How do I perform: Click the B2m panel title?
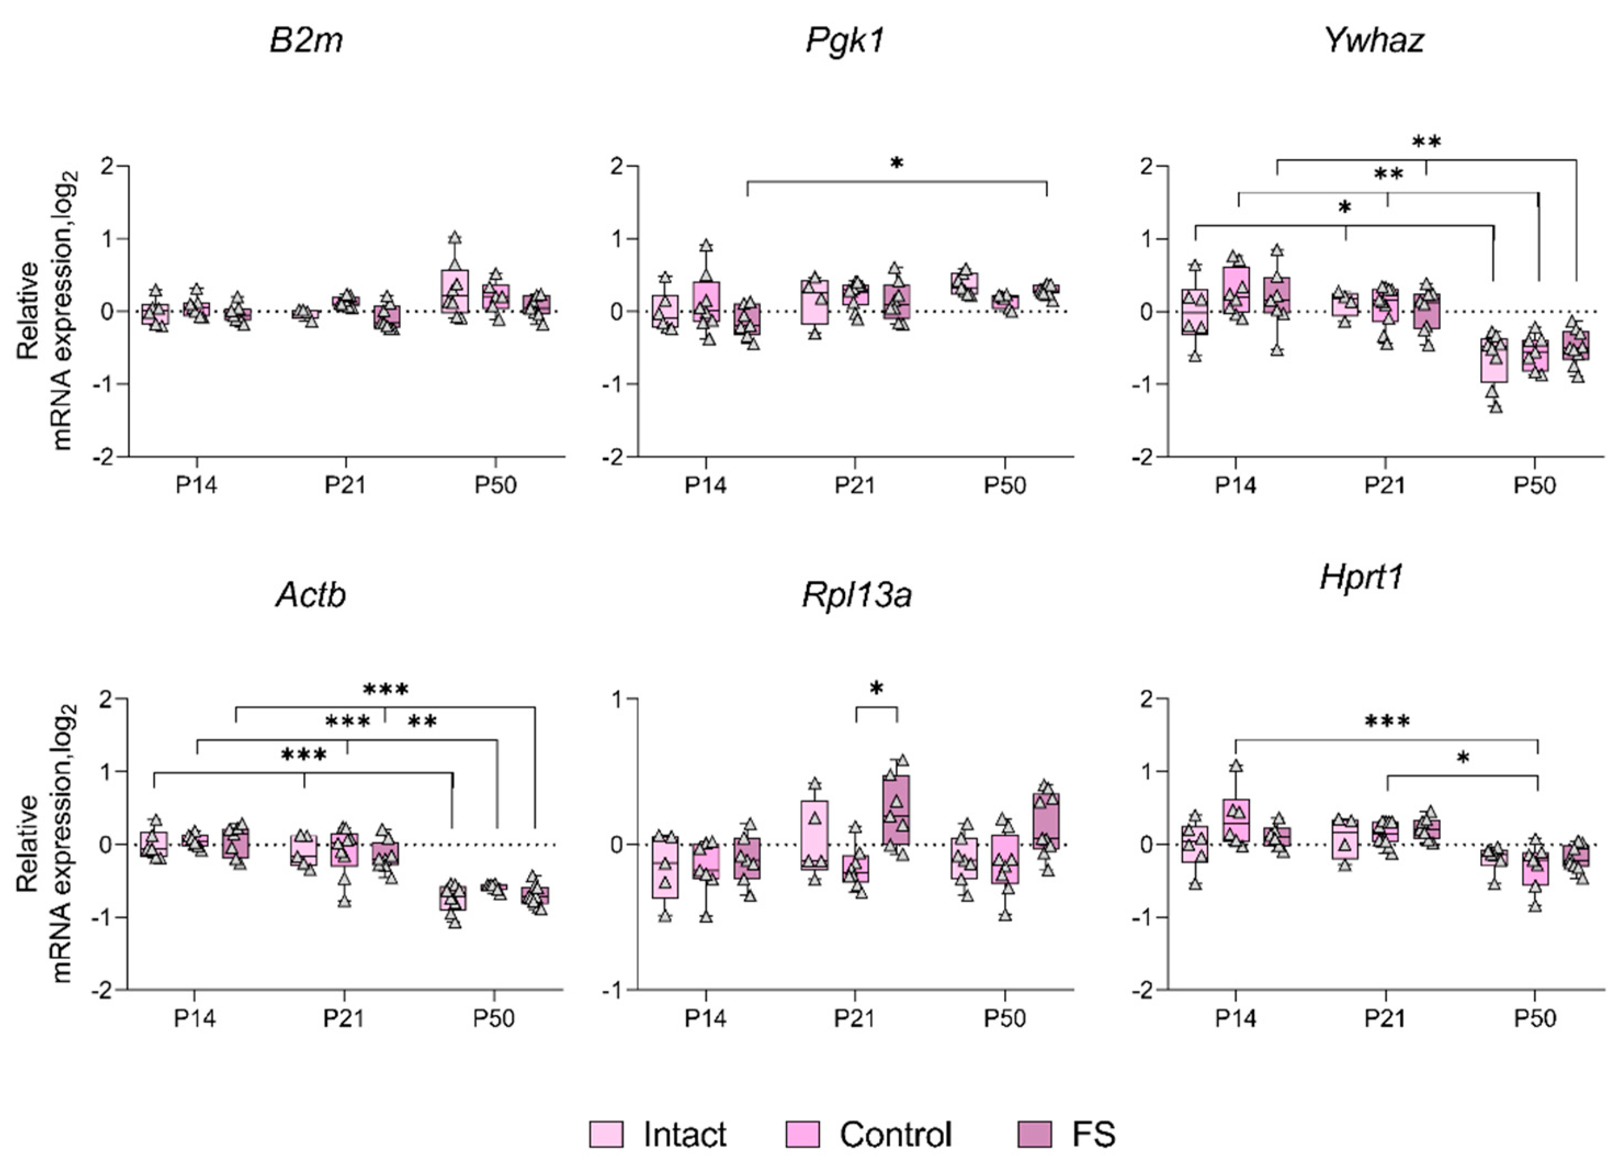coord(306,40)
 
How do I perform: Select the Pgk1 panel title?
coord(845,40)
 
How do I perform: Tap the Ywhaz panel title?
coord(1373,40)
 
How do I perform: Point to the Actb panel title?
coord(310,595)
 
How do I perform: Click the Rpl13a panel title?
coord(857,595)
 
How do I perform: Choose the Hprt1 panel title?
coord(1361,577)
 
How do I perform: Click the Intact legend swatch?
coord(605,1133)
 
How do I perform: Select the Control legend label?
coord(895,1133)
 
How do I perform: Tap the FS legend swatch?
coord(1034,1133)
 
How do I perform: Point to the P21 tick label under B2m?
coord(345,486)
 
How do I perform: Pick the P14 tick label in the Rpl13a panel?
coord(705,1018)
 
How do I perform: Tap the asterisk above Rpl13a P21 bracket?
coord(876,690)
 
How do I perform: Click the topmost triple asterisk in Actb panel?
coord(386,690)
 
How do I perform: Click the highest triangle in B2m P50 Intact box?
coord(455,238)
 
